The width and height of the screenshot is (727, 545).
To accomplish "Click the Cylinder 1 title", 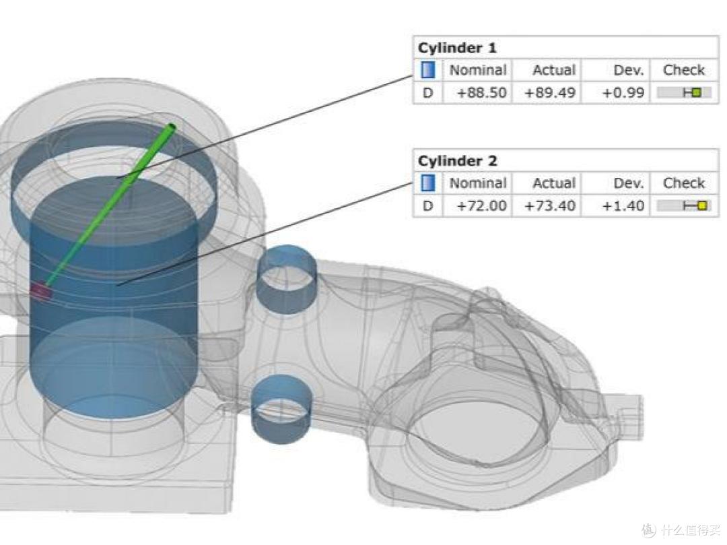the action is (x=457, y=48).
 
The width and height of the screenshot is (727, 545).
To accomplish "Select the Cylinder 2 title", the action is (x=457, y=161).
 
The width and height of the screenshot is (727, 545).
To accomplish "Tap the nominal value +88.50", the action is (x=481, y=92).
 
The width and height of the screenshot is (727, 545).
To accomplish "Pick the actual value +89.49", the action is (x=550, y=92).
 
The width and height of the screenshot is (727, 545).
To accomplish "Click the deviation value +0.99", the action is (x=623, y=92).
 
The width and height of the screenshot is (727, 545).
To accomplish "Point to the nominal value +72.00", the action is (x=481, y=205).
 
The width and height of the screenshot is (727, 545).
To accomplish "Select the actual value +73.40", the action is (x=550, y=205).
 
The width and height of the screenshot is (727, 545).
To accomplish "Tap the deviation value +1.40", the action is (x=623, y=205).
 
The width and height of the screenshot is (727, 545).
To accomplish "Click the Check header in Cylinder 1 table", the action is (x=684, y=70).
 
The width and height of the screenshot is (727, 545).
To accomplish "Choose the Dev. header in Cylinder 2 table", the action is (x=629, y=183).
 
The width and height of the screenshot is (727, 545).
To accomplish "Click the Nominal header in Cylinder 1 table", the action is (x=477, y=70).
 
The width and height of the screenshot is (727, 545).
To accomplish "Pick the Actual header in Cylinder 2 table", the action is (x=554, y=183).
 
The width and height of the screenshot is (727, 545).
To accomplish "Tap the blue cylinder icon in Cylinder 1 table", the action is (x=428, y=70).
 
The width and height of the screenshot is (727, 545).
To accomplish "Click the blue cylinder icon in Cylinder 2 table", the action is (x=428, y=183).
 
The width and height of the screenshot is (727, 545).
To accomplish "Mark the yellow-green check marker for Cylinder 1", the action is (x=696, y=92).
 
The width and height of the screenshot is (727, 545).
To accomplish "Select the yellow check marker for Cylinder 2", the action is (x=702, y=205).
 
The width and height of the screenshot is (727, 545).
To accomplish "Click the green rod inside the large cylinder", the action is (x=110, y=204).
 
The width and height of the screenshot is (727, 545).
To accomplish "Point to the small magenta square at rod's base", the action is (x=41, y=291).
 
